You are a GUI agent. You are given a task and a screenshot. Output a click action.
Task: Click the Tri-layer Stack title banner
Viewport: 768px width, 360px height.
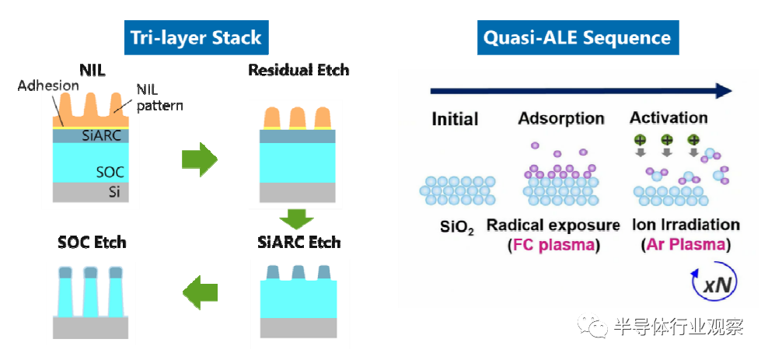(196, 38)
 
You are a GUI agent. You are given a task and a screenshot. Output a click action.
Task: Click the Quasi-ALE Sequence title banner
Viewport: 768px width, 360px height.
(578, 38)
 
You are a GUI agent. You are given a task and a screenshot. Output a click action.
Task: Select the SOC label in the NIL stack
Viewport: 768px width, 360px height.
(110, 172)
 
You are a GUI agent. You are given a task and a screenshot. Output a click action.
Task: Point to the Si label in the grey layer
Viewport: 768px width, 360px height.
(114, 193)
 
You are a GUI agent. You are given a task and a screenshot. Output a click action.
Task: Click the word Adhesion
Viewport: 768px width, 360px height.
(48, 86)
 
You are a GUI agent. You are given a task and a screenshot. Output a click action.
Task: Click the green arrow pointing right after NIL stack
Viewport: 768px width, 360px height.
(199, 159)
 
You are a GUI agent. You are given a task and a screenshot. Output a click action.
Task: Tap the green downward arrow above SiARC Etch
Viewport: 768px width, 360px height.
(297, 219)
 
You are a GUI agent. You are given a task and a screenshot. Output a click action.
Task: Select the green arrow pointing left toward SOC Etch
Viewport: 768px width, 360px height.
(200, 293)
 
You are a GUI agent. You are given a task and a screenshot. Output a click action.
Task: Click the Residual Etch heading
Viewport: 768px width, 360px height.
(298, 70)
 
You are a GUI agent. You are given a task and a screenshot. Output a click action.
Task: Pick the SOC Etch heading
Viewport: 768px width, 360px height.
(92, 242)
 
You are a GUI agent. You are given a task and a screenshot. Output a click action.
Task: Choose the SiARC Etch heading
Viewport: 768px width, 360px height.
(298, 242)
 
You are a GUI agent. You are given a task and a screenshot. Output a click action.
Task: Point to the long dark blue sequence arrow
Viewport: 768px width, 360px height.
(581, 91)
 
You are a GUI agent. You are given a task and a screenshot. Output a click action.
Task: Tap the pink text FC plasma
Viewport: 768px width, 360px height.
(553, 244)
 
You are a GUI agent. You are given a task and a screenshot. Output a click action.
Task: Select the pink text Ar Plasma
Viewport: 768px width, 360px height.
(686, 244)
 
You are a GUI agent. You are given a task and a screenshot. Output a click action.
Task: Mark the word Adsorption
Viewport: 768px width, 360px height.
(561, 118)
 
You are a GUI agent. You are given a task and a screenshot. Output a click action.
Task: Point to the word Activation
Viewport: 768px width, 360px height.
(669, 118)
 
